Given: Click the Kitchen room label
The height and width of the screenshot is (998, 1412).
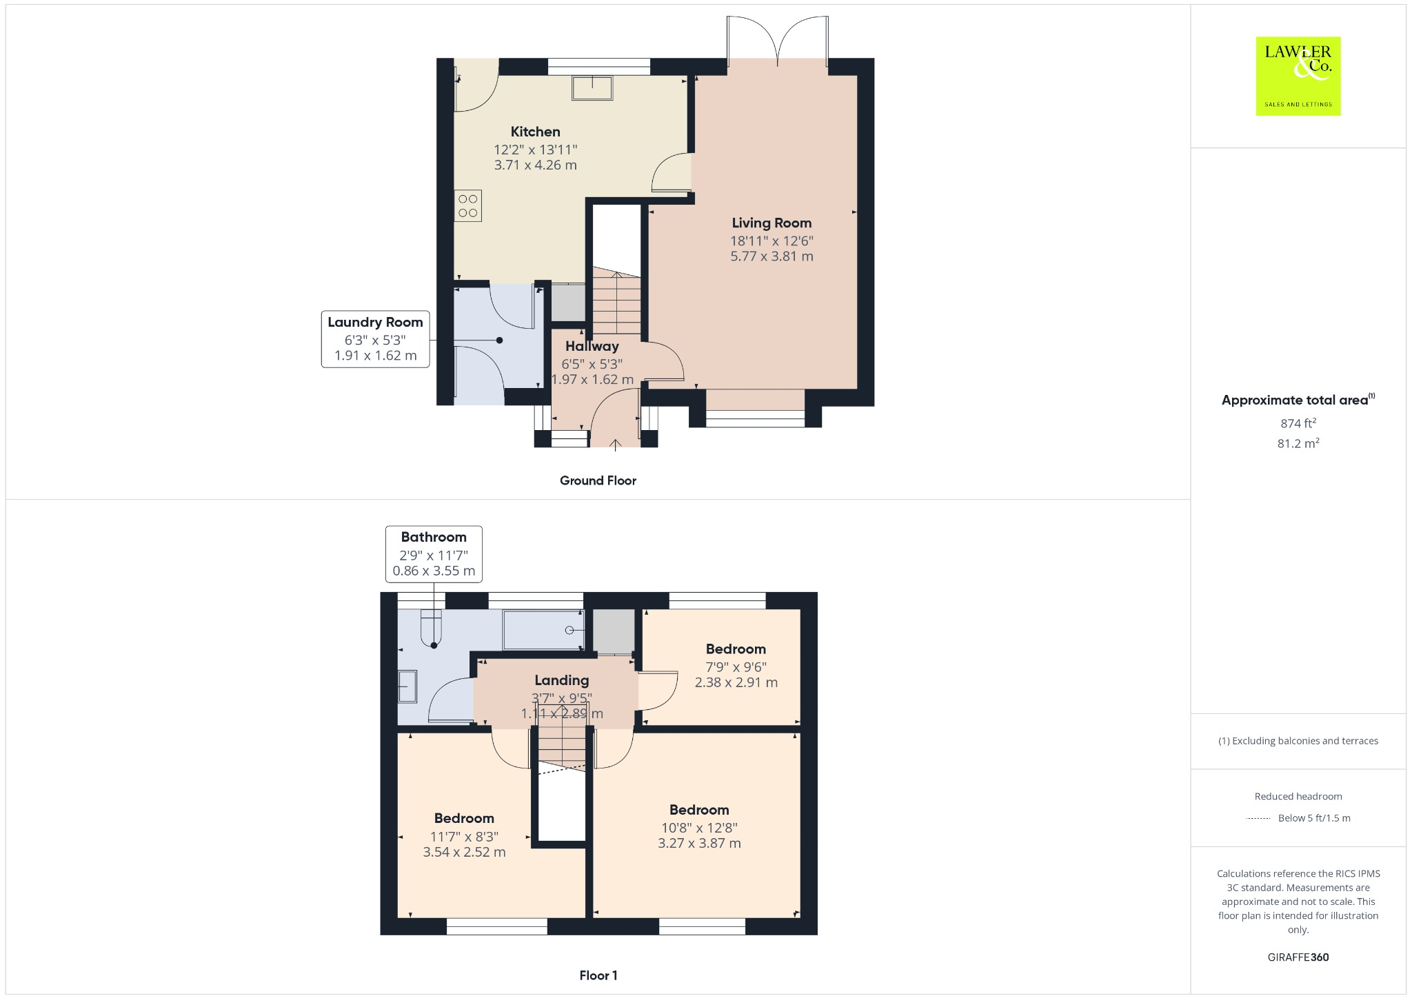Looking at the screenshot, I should tap(535, 132).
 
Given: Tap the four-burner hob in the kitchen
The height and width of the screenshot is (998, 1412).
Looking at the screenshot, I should tap(467, 206).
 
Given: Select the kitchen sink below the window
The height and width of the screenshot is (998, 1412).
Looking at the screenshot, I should tap(592, 88).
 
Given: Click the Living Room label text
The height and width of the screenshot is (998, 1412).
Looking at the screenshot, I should tap(771, 223).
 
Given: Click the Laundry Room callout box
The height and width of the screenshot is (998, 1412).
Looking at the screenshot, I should tap(375, 339).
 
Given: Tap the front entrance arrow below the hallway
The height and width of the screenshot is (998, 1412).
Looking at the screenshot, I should tap(616, 445).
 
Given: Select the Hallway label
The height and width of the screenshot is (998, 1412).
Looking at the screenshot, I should tap(592, 346).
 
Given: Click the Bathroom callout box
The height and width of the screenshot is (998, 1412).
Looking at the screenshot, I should tap(434, 554).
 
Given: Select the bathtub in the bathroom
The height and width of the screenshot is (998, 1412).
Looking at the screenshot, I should tap(543, 630).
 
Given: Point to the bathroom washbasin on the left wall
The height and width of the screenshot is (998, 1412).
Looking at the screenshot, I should tap(407, 686).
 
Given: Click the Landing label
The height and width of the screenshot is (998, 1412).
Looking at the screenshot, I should tap(561, 680).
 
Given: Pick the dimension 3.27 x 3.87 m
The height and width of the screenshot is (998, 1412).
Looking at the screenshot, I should tap(699, 843).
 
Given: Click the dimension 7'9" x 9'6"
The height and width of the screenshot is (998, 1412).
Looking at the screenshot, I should tap(736, 666).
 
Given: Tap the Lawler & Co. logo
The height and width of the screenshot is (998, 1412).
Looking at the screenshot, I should tap(1298, 76).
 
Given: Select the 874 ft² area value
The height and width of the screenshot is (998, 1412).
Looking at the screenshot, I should tap(1298, 423).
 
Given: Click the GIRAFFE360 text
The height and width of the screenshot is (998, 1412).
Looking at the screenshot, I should tap(1298, 957).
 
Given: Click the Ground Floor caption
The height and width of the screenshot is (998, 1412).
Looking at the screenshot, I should tap(598, 480).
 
